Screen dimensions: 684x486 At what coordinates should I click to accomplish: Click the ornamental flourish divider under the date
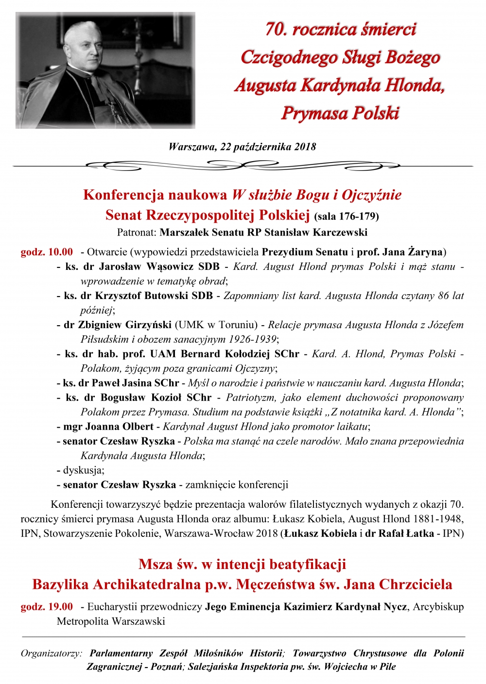[243, 166]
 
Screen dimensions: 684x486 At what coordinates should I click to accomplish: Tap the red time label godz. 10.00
[47, 252]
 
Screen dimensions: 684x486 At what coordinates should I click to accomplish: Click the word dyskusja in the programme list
[82, 470]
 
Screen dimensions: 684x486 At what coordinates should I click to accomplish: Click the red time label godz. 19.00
[47, 607]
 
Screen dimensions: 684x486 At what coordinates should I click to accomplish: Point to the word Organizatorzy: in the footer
[51, 653]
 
